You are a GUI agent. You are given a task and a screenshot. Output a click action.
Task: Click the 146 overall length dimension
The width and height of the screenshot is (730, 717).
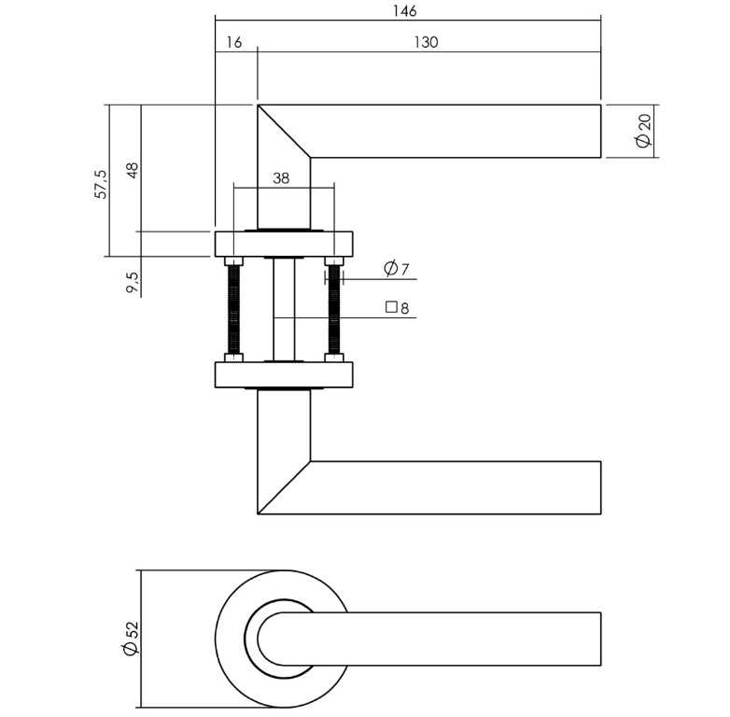(x=404, y=11)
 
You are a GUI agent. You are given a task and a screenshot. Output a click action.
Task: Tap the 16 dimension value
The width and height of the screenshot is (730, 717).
(x=233, y=42)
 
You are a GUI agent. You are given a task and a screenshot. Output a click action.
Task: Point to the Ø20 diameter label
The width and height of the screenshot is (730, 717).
(x=642, y=131)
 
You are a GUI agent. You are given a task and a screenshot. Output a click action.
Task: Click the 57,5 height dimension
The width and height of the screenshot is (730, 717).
(x=101, y=183)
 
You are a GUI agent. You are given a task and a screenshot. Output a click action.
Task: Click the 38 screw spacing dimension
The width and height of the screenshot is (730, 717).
(x=281, y=178)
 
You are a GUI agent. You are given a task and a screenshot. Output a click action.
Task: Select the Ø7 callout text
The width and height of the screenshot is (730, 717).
(x=397, y=270)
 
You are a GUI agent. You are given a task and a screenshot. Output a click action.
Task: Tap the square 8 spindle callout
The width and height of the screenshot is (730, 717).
(x=398, y=307)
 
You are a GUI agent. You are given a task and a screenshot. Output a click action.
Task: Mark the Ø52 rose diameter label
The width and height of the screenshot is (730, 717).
(x=131, y=640)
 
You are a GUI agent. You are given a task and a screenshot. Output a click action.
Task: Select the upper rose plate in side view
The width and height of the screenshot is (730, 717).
(x=284, y=244)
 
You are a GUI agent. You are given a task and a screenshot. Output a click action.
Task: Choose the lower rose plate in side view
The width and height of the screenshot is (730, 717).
(x=284, y=375)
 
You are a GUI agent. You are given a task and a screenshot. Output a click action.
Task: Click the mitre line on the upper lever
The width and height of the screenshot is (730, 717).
(x=284, y=132)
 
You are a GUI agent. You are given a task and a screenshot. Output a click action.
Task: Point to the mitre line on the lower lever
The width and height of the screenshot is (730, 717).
(x=284, y=487)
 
